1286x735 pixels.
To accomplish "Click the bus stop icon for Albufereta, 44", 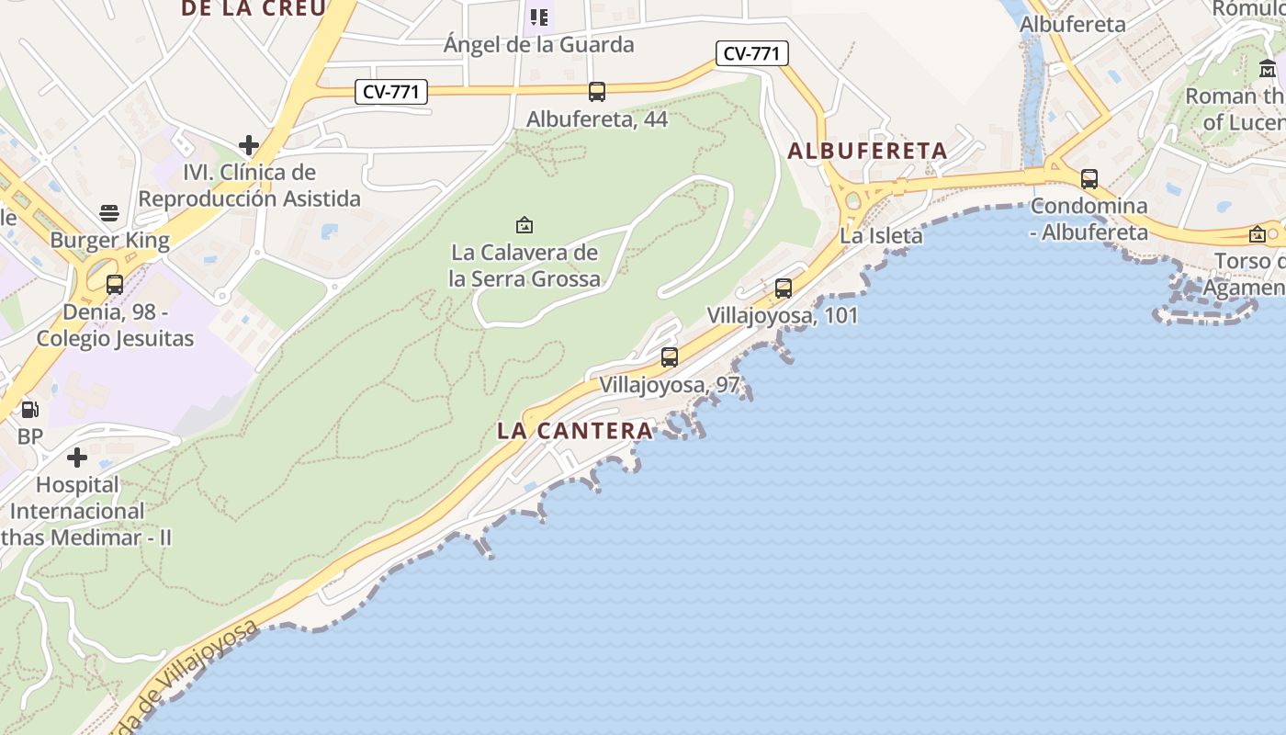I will [597, 91].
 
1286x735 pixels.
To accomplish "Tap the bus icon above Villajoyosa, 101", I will [784, 288].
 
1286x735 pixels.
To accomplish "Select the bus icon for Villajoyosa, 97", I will [670, 357].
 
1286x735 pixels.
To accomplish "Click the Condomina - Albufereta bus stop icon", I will [1089, 179].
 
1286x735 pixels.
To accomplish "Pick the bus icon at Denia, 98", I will [115, 285].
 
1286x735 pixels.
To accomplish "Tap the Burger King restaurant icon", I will [109, 214].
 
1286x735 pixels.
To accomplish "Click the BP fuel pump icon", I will [30, 410].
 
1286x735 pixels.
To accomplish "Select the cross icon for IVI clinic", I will [248, 145].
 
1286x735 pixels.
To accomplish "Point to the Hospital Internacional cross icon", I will [77, 457].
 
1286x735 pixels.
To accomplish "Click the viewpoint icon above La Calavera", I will [525, 225].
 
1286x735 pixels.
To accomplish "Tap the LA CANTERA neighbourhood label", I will [575, 430].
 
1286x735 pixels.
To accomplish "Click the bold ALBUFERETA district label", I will [867, 151].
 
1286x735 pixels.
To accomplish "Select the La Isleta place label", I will [881, 236].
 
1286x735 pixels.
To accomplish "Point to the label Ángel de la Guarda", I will [538, 44].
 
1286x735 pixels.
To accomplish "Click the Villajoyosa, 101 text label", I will [782, 316].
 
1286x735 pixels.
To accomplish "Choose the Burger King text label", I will [109, 241].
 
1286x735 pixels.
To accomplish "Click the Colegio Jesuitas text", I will [116, 338].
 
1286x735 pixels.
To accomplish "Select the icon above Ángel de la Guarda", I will [539, 17].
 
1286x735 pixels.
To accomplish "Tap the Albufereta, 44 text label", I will [597, 119].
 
